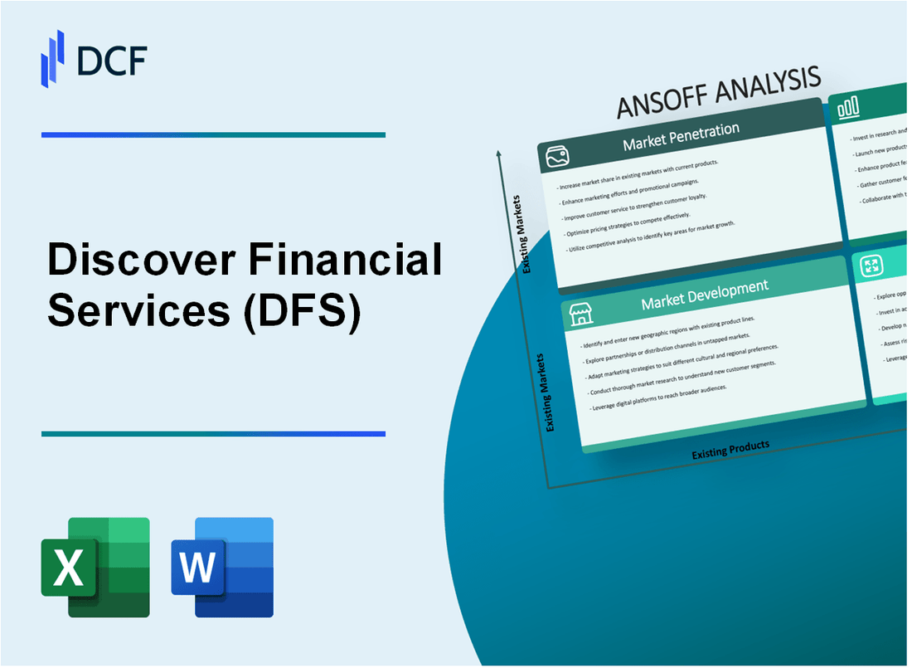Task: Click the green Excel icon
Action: point(95,567)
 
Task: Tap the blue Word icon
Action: point(222,567)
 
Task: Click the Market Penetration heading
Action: point(681,137)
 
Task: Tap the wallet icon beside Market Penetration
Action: point(557,156)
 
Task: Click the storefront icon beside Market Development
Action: point(580,314)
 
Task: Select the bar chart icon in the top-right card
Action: point(848,107)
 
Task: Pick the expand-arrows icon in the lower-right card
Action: point(871,266)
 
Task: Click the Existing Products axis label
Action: point(730,449)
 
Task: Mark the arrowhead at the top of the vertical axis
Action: point(498,153)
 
